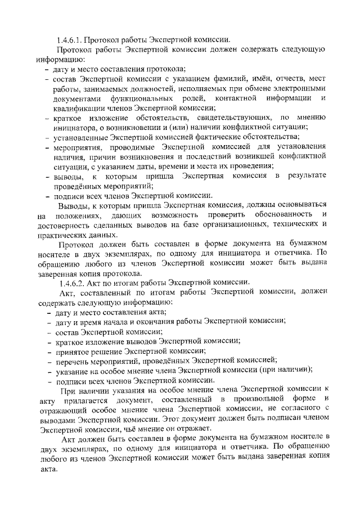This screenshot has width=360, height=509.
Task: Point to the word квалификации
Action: (80, 109)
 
